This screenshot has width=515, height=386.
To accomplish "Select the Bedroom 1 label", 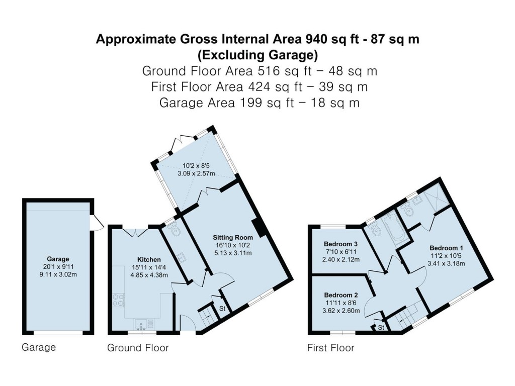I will click(x=446, y=248).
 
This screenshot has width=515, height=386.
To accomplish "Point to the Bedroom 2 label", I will click(x=340, y=295).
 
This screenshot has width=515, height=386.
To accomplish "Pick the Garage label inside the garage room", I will click(x=58, y=259).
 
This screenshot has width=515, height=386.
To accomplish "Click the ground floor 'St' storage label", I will click(x=222, y=308).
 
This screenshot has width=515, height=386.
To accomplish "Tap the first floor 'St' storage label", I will click(x=381, y=327).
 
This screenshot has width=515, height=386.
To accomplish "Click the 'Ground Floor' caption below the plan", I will click(x=138, y=348).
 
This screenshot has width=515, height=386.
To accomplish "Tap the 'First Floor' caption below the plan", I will click(x=330, y=348).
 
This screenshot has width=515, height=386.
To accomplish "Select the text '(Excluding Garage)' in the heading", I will click(x=257, y=54).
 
